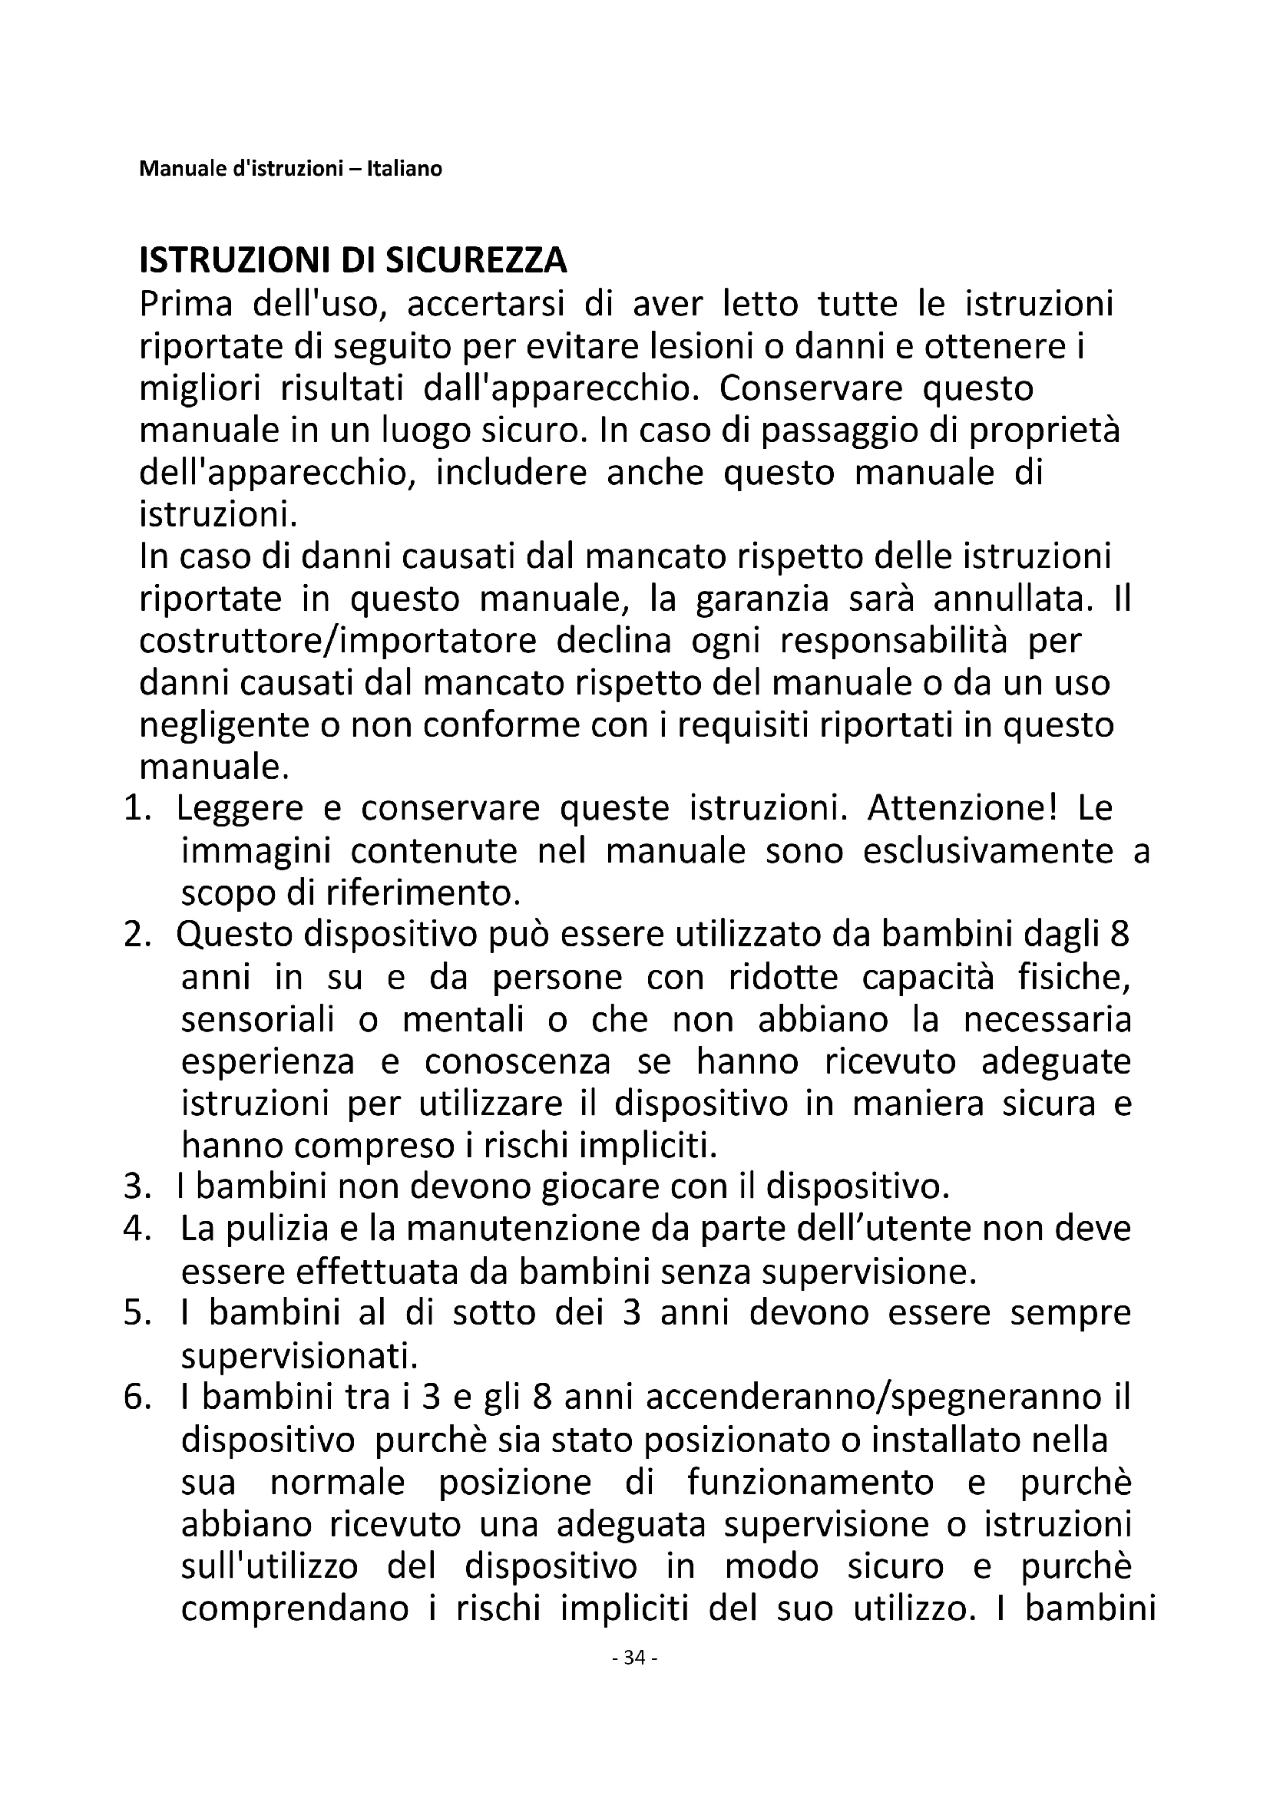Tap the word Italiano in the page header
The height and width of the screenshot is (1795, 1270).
click(x=410, y=169)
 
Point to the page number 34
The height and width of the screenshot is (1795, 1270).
click(x=635, y=1658)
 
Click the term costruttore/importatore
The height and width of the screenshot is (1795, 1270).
click(x=338, y=641)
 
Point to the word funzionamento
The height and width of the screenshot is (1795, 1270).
click(x=810, y=1483)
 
